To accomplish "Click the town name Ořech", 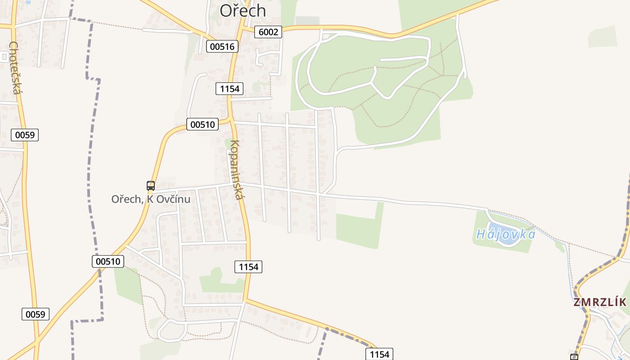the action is tap(243, 11).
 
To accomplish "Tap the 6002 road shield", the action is tap(268, 31).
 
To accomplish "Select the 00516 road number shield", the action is tap(222, 46).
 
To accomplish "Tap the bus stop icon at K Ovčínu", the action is tap(151, 185).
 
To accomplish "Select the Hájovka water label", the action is tap(506, 234).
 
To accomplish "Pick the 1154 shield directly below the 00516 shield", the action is tap(229, 89).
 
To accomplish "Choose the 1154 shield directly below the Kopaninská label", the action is tap(248, 267).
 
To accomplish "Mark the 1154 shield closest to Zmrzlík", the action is tap(379, 354).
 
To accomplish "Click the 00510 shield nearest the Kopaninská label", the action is tap(202, 124).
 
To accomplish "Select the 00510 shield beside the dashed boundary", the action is tap(108, 261).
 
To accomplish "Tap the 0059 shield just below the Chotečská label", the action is tap(25, 135).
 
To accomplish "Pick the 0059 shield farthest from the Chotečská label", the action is tap(35, 314).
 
